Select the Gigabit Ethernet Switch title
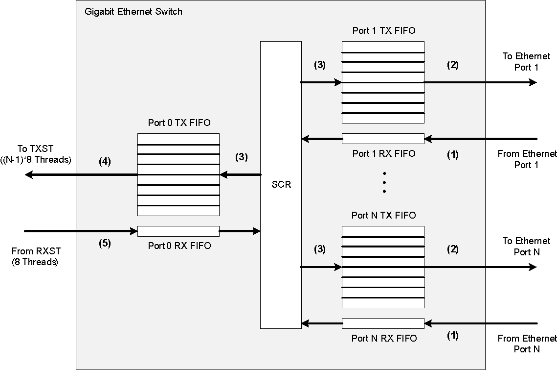pos(134,11)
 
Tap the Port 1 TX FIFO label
pos(384,31)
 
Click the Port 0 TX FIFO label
pos(179,123)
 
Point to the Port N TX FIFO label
pos(384,216)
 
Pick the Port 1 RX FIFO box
pos(383,139)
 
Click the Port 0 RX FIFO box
pos(178,231)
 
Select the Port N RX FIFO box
pos(383,323)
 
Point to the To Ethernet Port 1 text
pos(526,62)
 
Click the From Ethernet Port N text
pos(527,344)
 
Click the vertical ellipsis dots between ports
pos(384,182)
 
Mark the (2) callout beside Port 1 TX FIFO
pos(453,64)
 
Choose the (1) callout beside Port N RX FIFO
pos(453,336)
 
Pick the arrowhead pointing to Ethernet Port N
pos(532,267)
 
